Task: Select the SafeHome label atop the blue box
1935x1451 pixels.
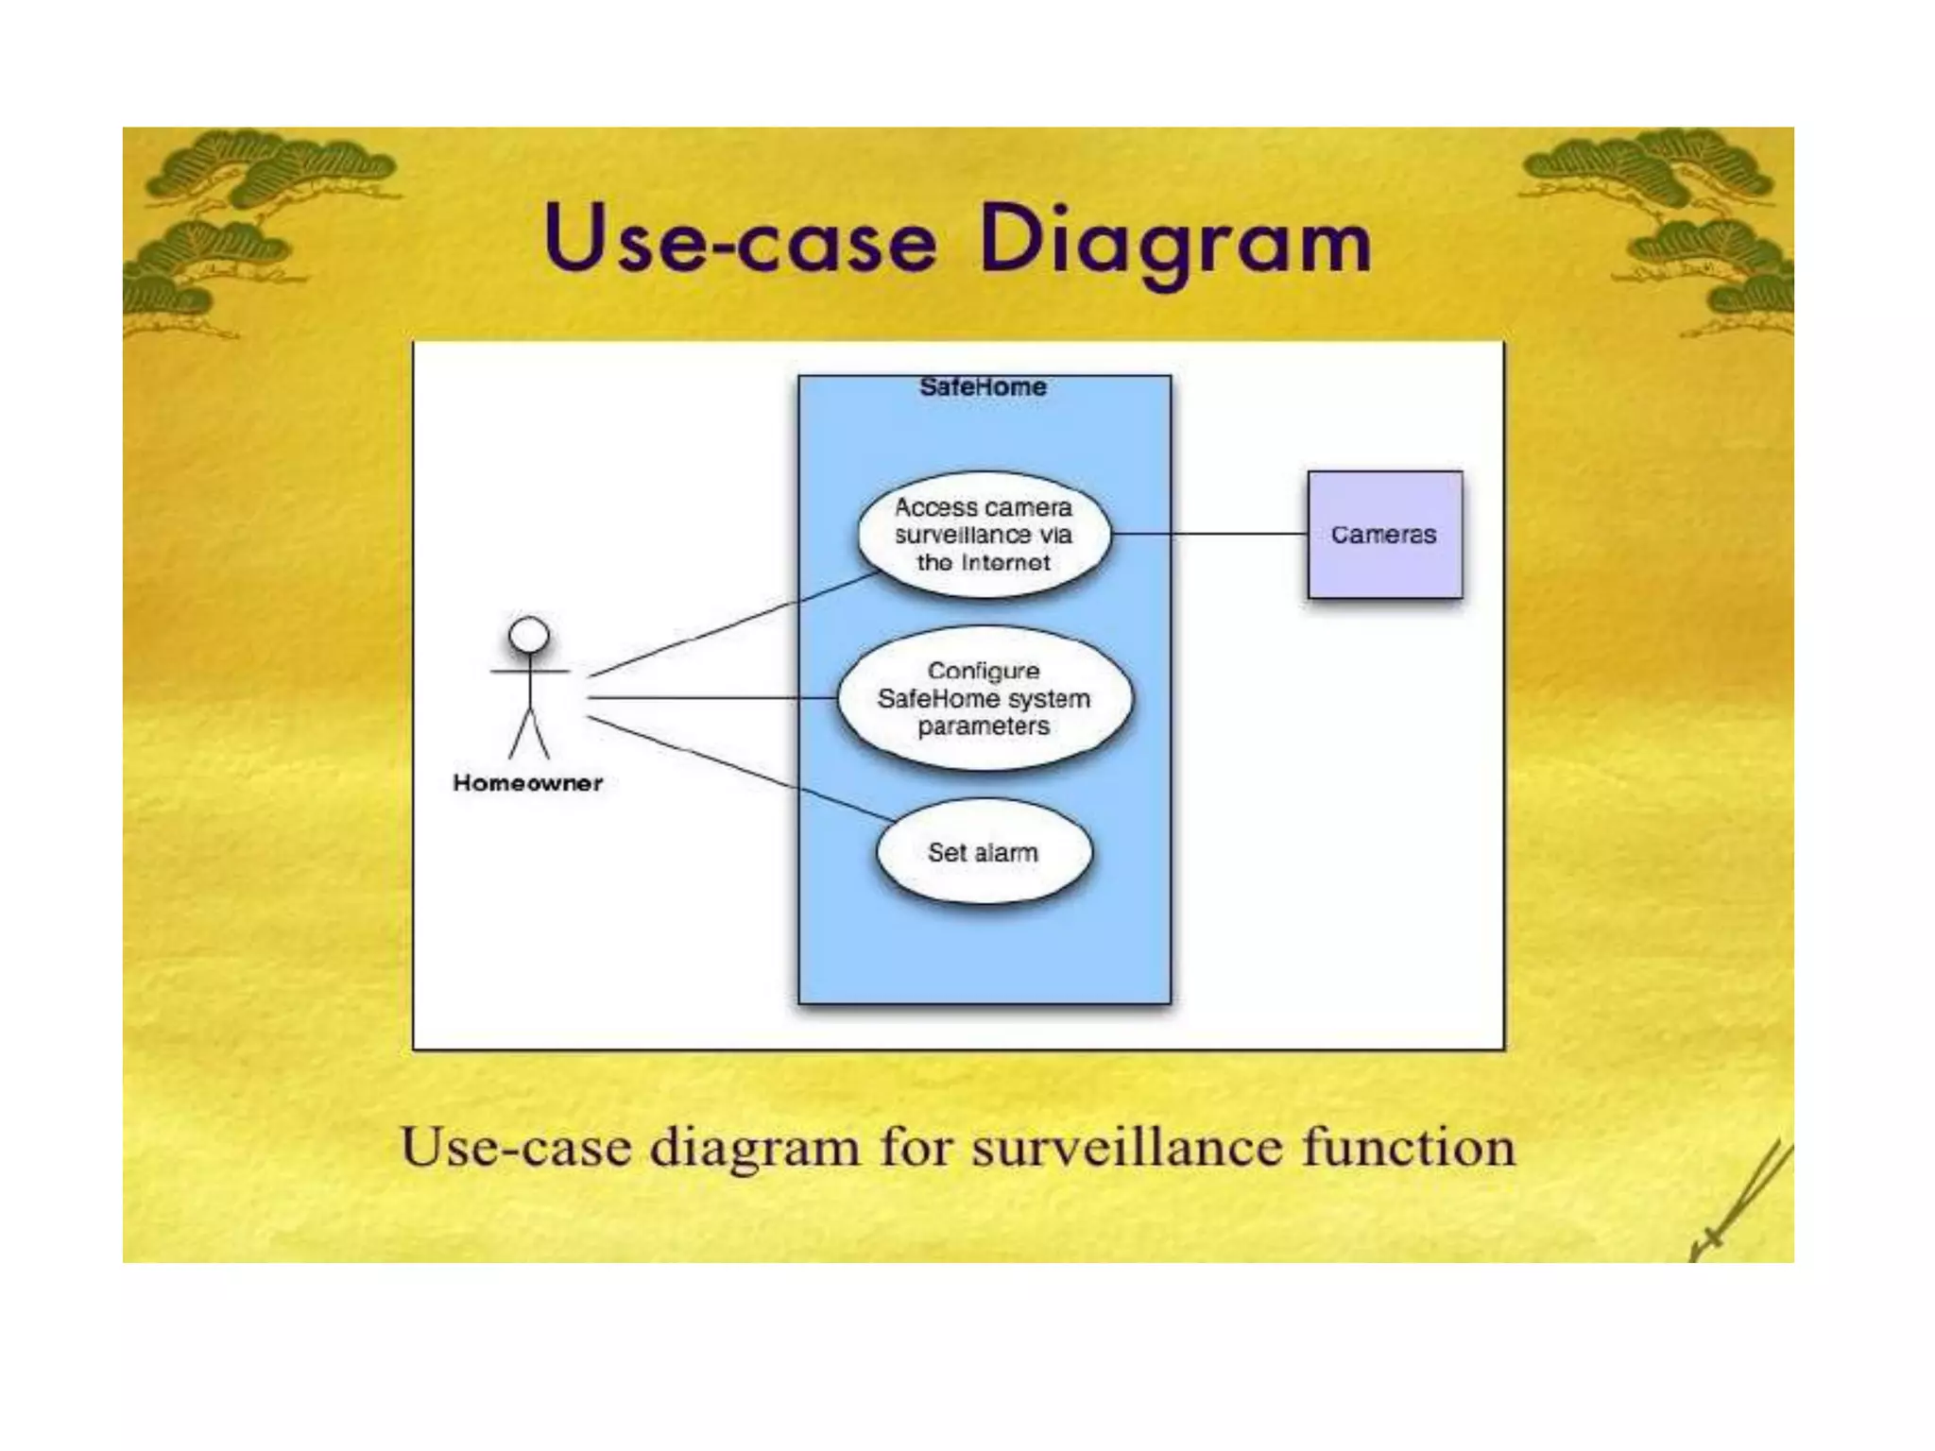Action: (x=983, y=387)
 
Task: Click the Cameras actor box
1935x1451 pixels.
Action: (x=1384, y=535)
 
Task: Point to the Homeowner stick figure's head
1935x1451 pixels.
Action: (x=529, y=635)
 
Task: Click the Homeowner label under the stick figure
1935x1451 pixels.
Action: (x=527, y=783)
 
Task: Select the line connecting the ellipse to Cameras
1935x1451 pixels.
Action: (x=1209, y=534)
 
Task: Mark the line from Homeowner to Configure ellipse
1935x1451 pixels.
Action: (x=709, y=698)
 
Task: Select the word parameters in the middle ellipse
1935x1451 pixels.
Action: (x=983, y=726)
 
